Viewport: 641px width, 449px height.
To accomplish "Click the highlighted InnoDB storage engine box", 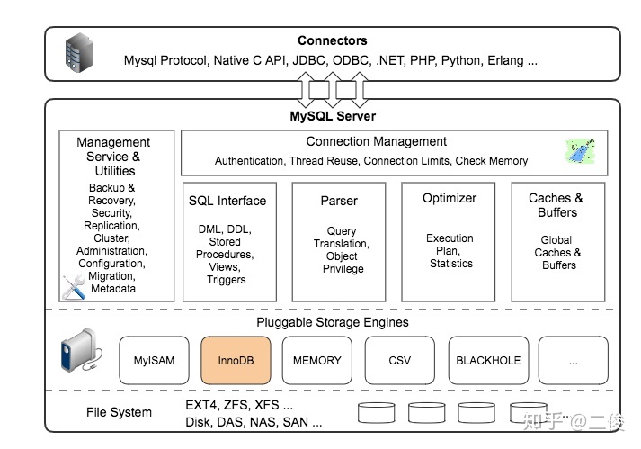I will pyautogui.click(x=236, y=361).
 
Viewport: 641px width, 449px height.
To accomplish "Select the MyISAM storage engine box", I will pyautogui.click(x=155, y=361).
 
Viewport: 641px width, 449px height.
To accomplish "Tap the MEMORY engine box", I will pyautogui.click(x=317, y=361).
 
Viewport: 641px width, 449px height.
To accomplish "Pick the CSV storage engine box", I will pyautogui.click(x=399, y=361).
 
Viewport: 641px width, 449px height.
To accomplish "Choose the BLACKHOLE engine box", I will pyautogui.click(x=488, y=361).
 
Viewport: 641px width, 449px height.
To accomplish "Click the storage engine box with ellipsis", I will pyautogui.click(x=573, y=361).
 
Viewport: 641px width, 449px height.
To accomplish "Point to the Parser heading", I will pyautogui.click(x=339, y=201).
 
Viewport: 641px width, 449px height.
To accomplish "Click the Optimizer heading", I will pyautogui.click(x=450, y=198).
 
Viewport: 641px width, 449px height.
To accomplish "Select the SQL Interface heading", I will pyautogui.click(x=227, y=201).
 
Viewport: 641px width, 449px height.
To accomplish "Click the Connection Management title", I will pyautogui.click(x=376, y=141).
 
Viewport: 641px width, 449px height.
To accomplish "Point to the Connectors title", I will pyautogui.click(x=333, y=40).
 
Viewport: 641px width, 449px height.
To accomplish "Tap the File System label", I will pyautogui.click(x=119, y=413).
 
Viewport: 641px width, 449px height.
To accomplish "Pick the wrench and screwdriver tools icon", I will pyautogui.click(x=73, y=287).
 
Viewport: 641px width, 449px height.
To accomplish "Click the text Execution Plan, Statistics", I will pyautogui.click(x=450, y=251).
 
